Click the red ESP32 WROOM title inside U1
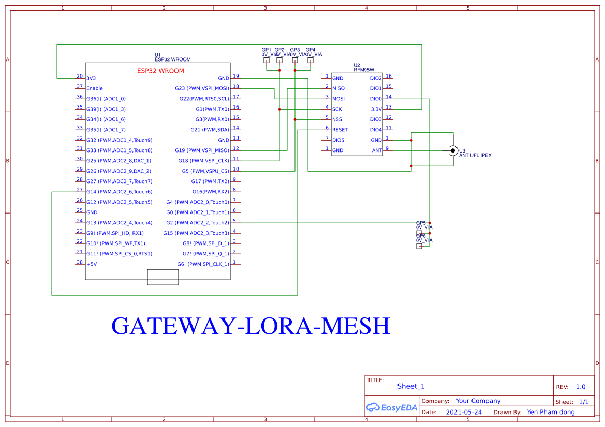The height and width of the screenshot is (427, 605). [160, 71]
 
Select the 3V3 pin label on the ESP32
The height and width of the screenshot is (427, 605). [91, 78]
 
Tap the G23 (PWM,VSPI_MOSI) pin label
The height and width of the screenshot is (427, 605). [202, 88]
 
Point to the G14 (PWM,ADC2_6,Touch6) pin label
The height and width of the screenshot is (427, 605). [119, 192]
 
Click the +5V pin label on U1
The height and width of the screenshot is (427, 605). [92, 264]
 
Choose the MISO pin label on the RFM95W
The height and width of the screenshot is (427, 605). [338, 88]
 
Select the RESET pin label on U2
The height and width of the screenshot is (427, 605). [340, 130]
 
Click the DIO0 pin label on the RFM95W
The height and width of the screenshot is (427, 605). [376, 99]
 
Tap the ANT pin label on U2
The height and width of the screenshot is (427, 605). [377, 150]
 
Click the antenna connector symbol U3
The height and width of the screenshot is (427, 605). [453, 150]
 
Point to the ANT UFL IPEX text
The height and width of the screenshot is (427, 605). [475, 155]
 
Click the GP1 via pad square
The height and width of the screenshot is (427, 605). [267, 60]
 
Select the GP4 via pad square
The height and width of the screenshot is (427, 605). [311, 60]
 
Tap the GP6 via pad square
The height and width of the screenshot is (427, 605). [419, 247]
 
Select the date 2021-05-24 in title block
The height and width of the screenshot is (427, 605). [464, 412]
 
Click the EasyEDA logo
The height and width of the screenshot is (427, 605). [392, 407]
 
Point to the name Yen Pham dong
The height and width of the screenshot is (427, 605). [551, 412]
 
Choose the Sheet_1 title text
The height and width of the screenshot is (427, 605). [411, 386]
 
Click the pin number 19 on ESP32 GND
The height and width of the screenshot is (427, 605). [235, 76]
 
